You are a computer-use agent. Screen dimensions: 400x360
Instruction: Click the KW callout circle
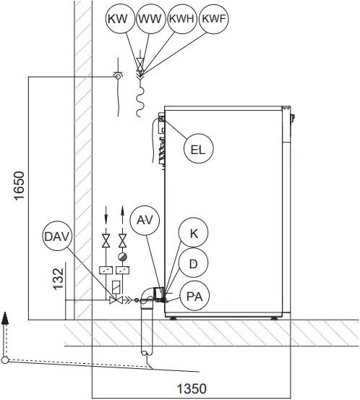(116, 20)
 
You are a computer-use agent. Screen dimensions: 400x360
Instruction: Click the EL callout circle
(197, 150)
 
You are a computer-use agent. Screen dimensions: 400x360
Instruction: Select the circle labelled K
(193, 234)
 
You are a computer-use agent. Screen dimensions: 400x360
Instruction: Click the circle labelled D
(193, 265)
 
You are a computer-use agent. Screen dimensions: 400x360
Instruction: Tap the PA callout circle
(193, 296)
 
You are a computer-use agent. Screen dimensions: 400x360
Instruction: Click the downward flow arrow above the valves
(106, 215)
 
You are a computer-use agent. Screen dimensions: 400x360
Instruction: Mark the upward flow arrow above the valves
(124, 215)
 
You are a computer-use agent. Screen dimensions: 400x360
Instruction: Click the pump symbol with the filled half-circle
(123, 255)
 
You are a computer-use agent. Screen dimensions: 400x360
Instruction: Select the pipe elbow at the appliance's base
(147, 295)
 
